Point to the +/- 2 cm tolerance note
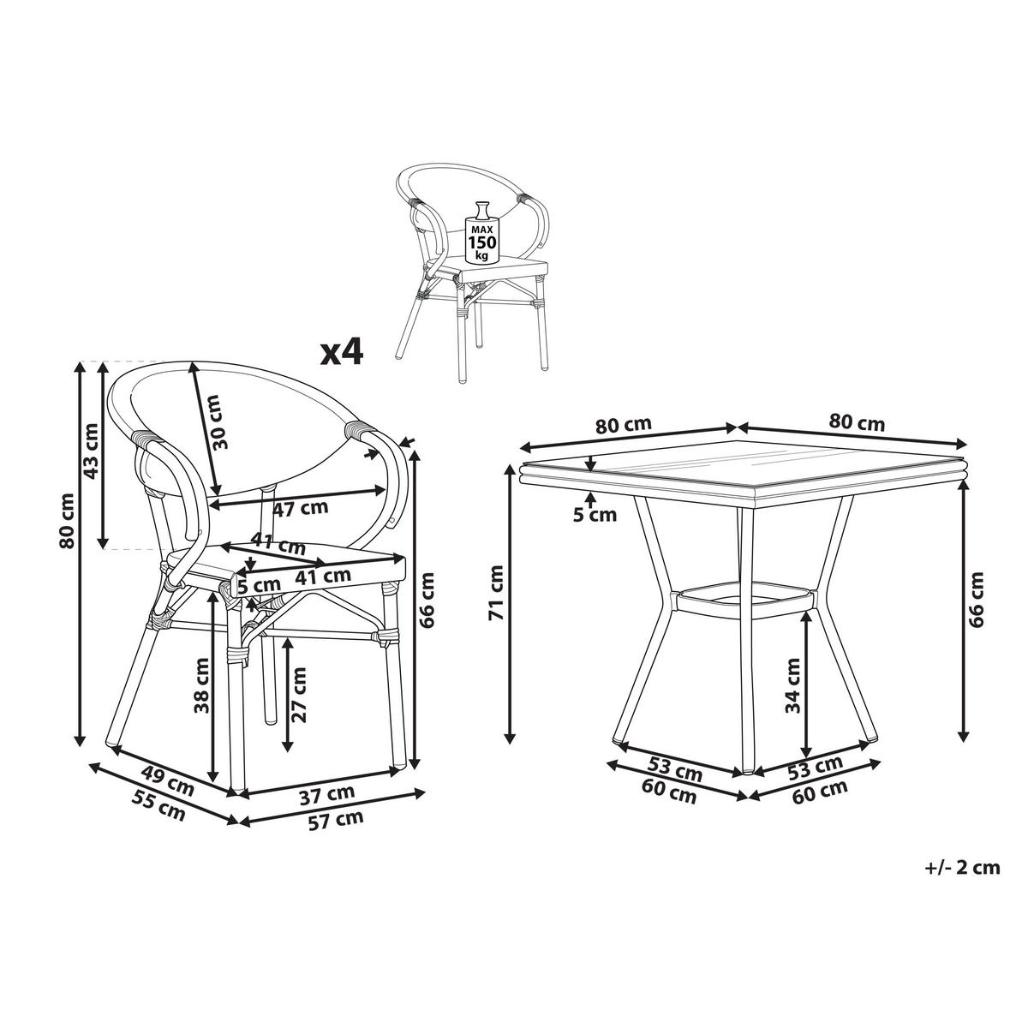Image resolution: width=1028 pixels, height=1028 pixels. [x=962, y=868]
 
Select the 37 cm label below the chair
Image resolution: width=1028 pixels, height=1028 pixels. [x=330, y=796]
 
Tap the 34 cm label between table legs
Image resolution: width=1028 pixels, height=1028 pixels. [x=792, y=685]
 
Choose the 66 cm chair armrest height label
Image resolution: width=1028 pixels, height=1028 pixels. [x=429, y=600]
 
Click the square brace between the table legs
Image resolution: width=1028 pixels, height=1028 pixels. [x=741, y=599]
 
